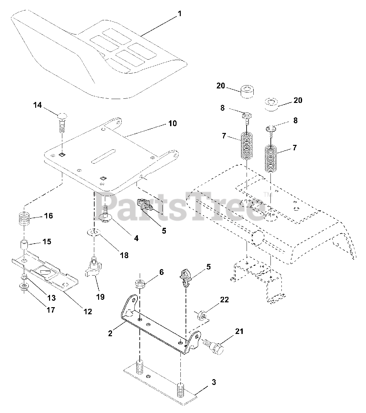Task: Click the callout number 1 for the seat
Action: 179,14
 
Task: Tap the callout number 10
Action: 172,123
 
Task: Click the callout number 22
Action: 224,299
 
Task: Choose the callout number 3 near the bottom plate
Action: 214,382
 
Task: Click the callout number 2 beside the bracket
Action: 110,333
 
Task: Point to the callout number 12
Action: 87,311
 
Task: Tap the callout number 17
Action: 51,310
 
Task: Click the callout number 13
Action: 51,297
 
